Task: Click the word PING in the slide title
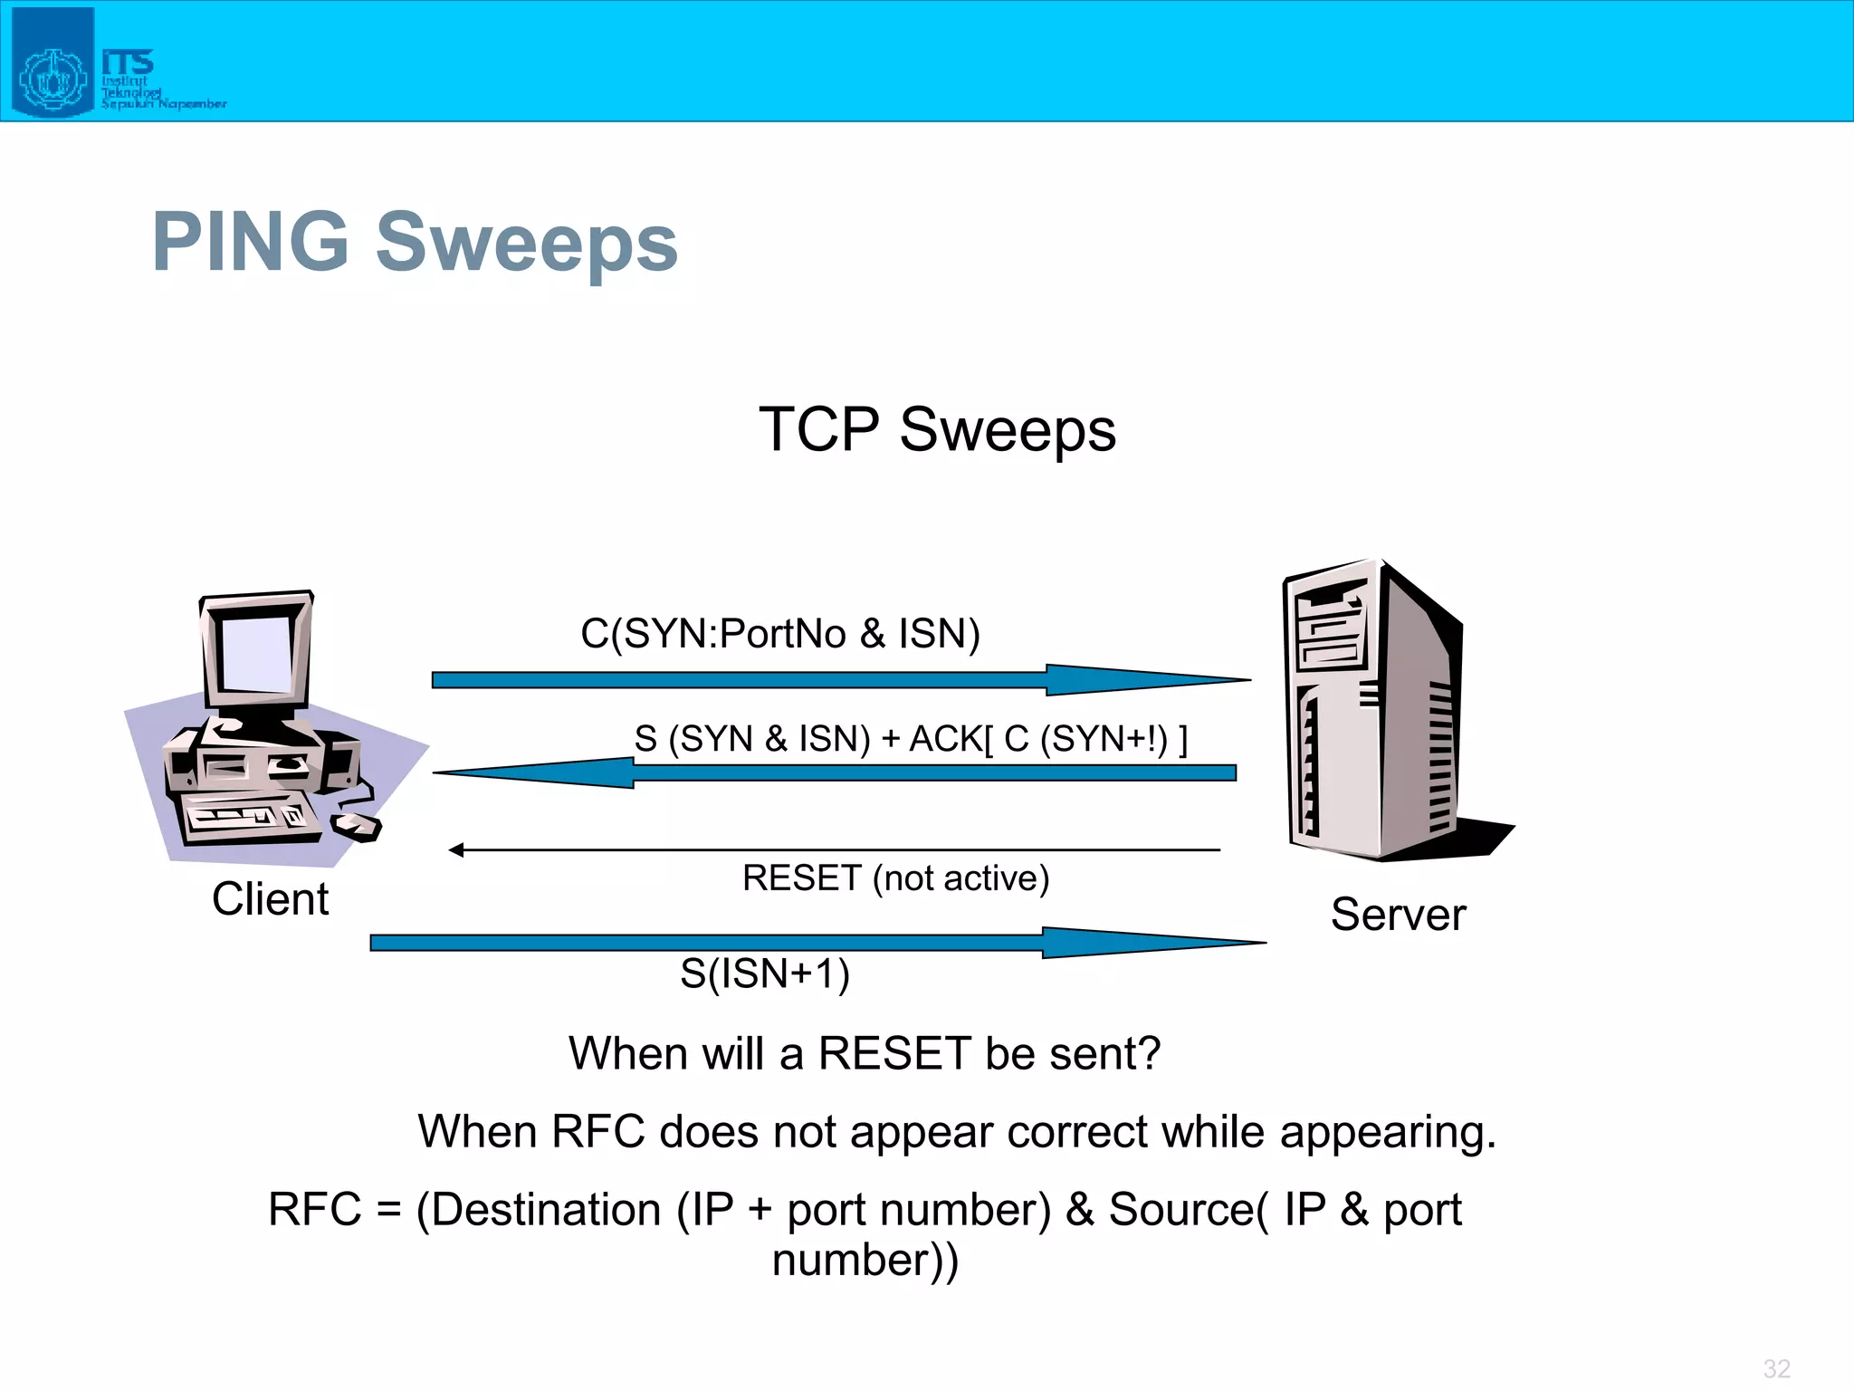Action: (251, 242)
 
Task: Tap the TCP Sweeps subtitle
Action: (937, 429)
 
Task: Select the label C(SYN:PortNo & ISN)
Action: (779, 633)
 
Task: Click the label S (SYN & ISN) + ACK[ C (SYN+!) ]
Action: (910, 739)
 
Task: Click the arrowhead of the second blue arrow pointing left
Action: (525, 772)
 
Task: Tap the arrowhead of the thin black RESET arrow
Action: (456, 849)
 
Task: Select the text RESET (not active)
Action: (895, 878)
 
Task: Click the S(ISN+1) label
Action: (765, 974)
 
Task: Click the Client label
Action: (270, 899)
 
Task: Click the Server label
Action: (1398, 915)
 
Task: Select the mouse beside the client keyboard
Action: (356, 825)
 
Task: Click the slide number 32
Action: (1776, 1368)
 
